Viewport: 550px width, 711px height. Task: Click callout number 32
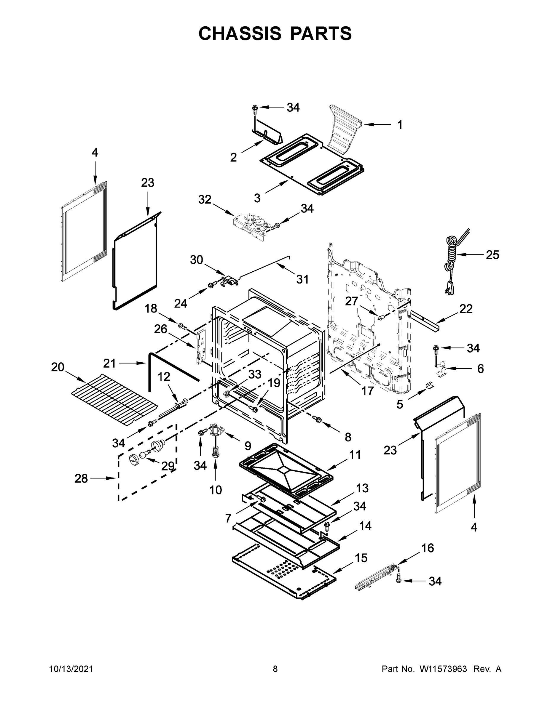coord(205,199)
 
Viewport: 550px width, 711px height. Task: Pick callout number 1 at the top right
coord(400,125)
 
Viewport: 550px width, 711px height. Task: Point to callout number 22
coord(465,309)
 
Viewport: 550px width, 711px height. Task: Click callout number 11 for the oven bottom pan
coord(355,454)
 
